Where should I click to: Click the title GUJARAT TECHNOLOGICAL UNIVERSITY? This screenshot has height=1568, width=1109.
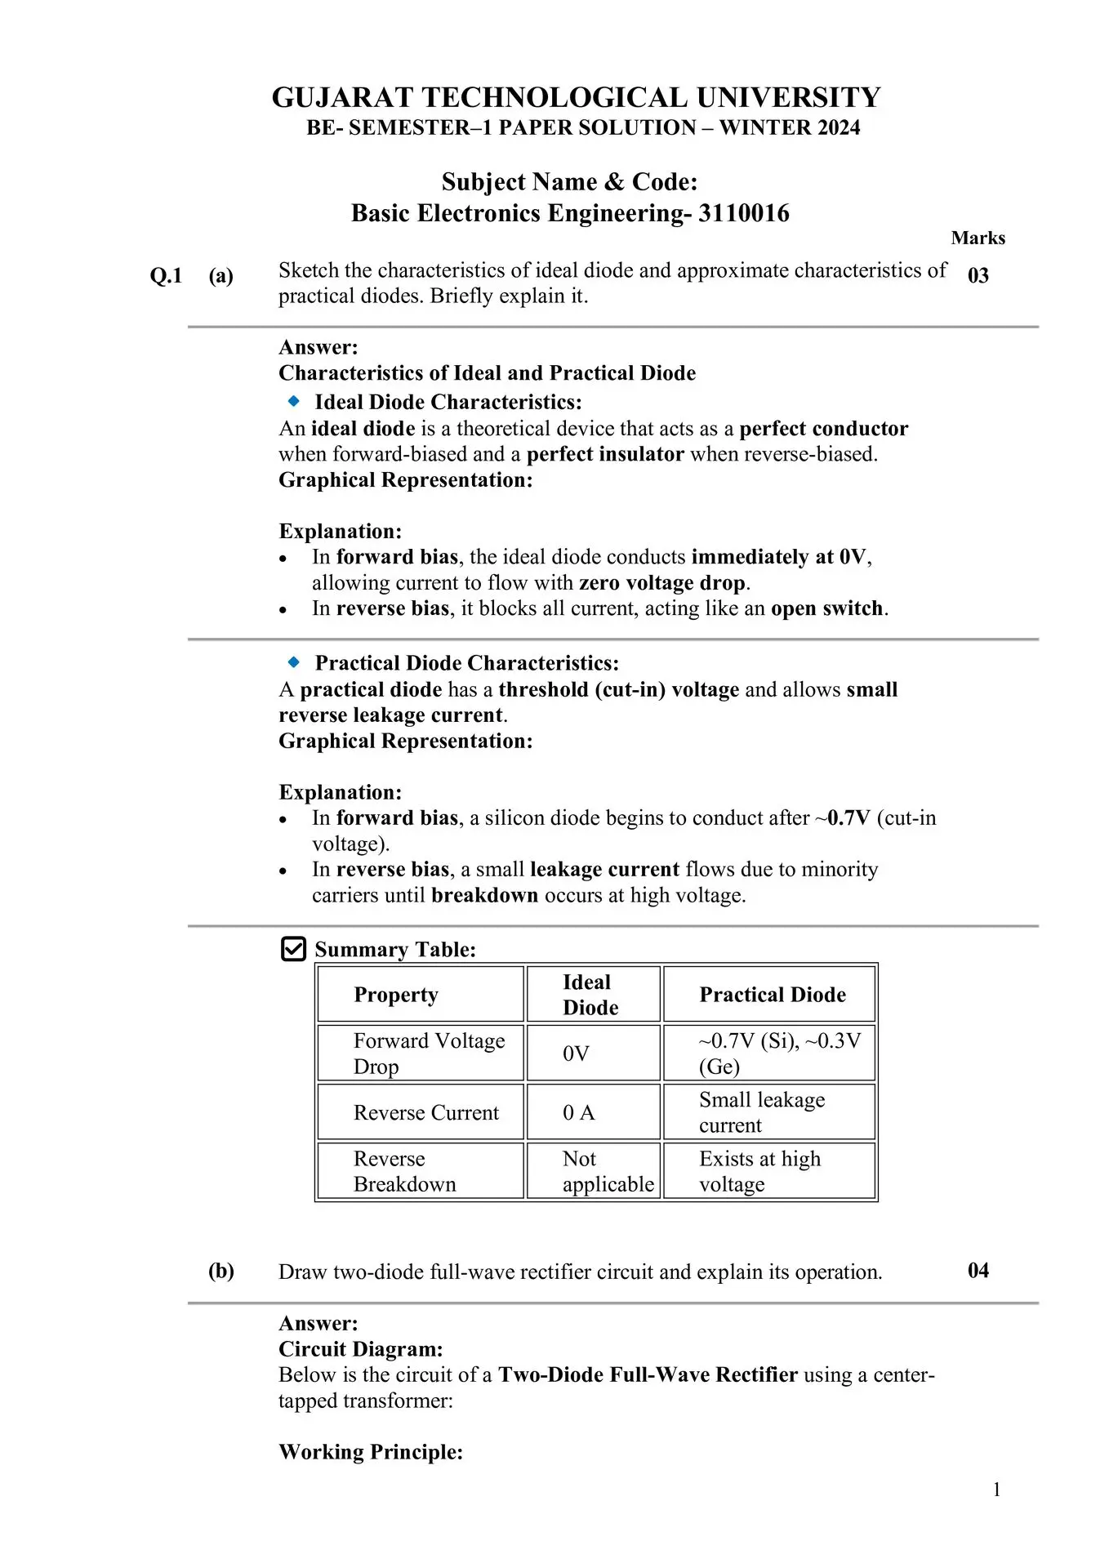point(576,97)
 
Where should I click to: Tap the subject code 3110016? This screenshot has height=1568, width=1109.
point(743,213)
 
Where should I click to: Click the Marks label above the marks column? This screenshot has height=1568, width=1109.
point(978,238)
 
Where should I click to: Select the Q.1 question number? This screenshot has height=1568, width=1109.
point(166,276)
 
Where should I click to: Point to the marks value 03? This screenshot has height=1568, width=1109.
point(978,275)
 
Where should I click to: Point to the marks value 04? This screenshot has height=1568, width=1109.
point(978,1271)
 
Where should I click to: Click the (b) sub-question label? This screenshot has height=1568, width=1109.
point(220,1271)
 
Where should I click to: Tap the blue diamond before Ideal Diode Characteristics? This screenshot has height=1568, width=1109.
point(294,401)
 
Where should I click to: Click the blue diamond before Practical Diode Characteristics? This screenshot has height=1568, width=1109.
point(294,662)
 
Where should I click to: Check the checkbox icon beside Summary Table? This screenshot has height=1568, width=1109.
point(293,949)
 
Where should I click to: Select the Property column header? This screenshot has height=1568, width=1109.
point(396,995)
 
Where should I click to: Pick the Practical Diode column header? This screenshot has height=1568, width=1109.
point(772,995)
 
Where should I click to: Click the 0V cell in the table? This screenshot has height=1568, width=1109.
point(576,1053)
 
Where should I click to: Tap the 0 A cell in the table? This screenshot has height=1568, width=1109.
point(578,1112)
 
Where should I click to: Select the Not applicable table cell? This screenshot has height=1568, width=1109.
point(608,1171)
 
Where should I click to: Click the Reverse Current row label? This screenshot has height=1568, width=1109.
point(425,1112)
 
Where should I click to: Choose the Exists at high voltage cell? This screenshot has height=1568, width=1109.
point(759,1171)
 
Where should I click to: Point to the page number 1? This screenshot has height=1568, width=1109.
point(996,1490)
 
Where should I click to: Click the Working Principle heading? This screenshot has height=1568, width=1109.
point(371,1452)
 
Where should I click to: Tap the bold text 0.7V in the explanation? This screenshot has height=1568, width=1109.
point(848,818)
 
